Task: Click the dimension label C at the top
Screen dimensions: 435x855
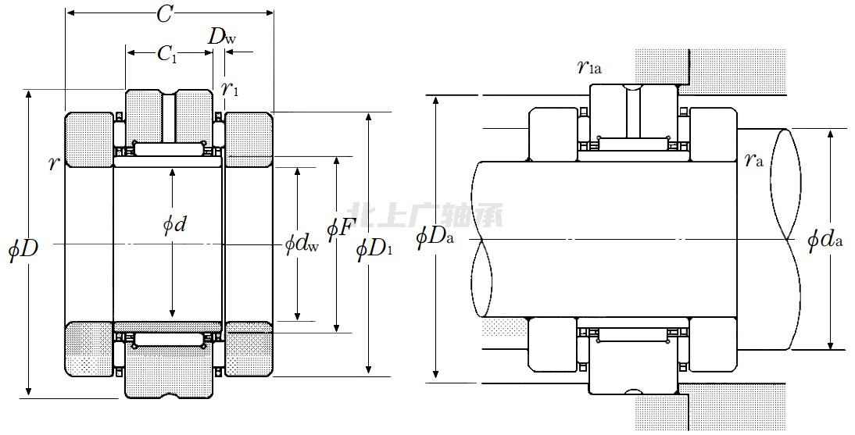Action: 164,13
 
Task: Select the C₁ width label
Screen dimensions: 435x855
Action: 166,53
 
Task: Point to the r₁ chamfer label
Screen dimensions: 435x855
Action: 230,88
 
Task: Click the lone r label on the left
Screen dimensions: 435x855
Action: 53,164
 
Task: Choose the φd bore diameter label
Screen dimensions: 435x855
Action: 174,225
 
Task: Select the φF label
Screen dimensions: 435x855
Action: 341,229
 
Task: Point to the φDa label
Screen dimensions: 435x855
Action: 435,235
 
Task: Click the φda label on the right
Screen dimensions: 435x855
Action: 825,239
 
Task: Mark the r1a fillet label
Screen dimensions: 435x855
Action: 588,67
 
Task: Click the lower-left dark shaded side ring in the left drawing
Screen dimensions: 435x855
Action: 88,348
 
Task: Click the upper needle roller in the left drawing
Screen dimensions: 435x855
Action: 168,148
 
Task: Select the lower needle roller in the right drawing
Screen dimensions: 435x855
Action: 633,335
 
